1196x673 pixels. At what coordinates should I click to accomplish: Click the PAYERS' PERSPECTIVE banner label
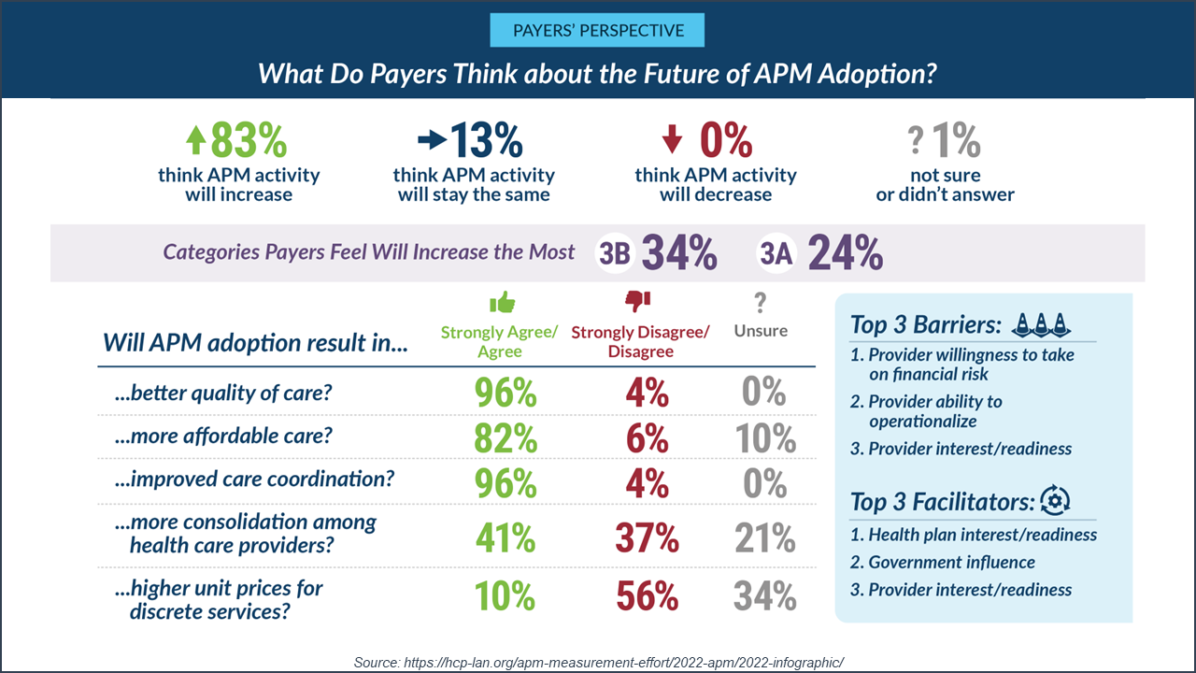click(597, 30)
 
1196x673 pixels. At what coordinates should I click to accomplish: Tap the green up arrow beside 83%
click(194, 140)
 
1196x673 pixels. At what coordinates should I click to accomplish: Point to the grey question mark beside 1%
click(916, 141)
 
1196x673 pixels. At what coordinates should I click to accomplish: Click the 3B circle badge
click(614, 253)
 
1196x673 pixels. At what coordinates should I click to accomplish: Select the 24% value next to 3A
click(845, 253)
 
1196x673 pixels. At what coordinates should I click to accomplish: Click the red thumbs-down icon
click(638, 301)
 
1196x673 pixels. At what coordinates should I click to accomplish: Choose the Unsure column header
click(760, 331)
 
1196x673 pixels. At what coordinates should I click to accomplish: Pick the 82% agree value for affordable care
click(505, 438)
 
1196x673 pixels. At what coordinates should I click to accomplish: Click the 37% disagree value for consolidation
click(646, 538)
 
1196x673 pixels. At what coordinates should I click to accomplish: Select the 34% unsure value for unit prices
click(764, 596)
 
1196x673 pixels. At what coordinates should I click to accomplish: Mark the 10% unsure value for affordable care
click(764, 438)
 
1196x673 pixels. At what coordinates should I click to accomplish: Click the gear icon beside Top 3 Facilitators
click(1055, 501)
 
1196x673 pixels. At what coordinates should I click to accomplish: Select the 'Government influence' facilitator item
click(951, 563)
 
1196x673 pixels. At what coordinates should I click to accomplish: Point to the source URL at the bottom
click(599, 662)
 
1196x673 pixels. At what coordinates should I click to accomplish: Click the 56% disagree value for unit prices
click(646, 596)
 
